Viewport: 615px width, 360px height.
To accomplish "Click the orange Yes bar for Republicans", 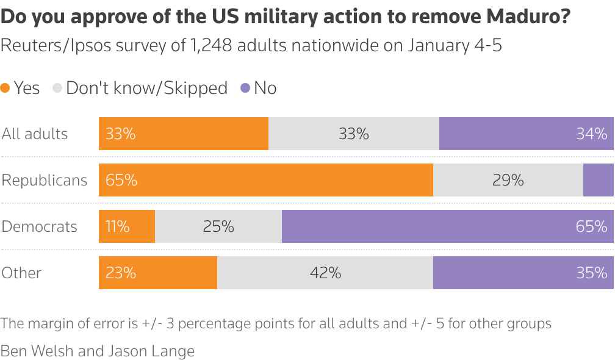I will point(266,180).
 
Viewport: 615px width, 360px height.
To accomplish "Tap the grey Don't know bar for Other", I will point(325,273).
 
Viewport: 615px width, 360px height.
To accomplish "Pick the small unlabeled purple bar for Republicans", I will point(598,180).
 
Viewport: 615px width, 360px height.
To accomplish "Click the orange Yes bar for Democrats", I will point(127,226).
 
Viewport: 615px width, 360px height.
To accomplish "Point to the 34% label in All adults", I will point(592,134).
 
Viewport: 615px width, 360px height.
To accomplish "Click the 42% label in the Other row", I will point(325,273).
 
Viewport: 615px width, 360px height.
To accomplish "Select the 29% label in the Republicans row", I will point(508,180).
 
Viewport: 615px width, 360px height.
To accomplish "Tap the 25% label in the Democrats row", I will point(218,226).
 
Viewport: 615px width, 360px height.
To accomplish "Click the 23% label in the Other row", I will point(121,273).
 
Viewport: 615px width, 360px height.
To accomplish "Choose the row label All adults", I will point(35,134).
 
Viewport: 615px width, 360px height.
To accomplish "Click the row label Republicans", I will point(45,180).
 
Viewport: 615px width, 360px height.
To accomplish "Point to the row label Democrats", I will point(40,226).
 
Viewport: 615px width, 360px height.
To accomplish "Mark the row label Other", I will point(21,273).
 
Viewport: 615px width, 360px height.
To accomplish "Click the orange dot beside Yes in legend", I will point(5,88).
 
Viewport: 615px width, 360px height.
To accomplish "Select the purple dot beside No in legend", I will point(245,88).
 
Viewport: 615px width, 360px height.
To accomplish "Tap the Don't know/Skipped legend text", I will point(146,88).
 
